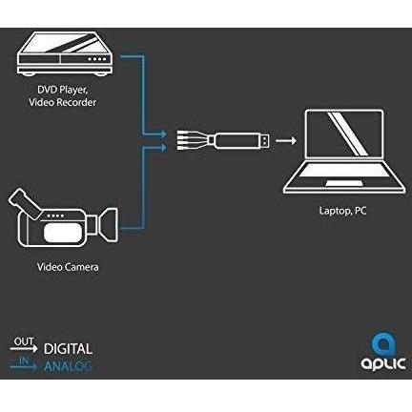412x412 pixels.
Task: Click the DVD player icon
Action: (x=65, y=53)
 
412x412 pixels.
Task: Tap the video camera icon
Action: (x=63, y=219)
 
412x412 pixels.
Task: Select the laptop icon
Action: (x=344, y=152)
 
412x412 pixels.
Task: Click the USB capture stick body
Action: (x=237, y=140)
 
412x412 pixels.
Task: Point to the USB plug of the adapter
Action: (x=265, y=140)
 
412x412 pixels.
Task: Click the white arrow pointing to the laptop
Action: (x=286, y=140)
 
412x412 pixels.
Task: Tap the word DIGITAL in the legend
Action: (x=68, y=349)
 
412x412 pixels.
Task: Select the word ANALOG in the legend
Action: (x=68, y=366)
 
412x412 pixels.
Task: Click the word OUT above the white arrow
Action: (x=24, y=341)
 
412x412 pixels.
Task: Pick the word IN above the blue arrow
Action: (x=24, y=360)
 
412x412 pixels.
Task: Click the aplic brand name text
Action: (x=383, y=364)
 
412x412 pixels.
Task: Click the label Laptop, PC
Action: (x=342, y=211)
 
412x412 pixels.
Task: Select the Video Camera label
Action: (x=68, y=267)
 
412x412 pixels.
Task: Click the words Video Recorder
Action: (x=62, y=102)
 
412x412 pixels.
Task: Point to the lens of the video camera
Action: (x=108, y=223)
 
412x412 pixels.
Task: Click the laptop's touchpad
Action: (x=344, y=183)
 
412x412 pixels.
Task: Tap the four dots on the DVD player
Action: (x=97, y=59)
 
